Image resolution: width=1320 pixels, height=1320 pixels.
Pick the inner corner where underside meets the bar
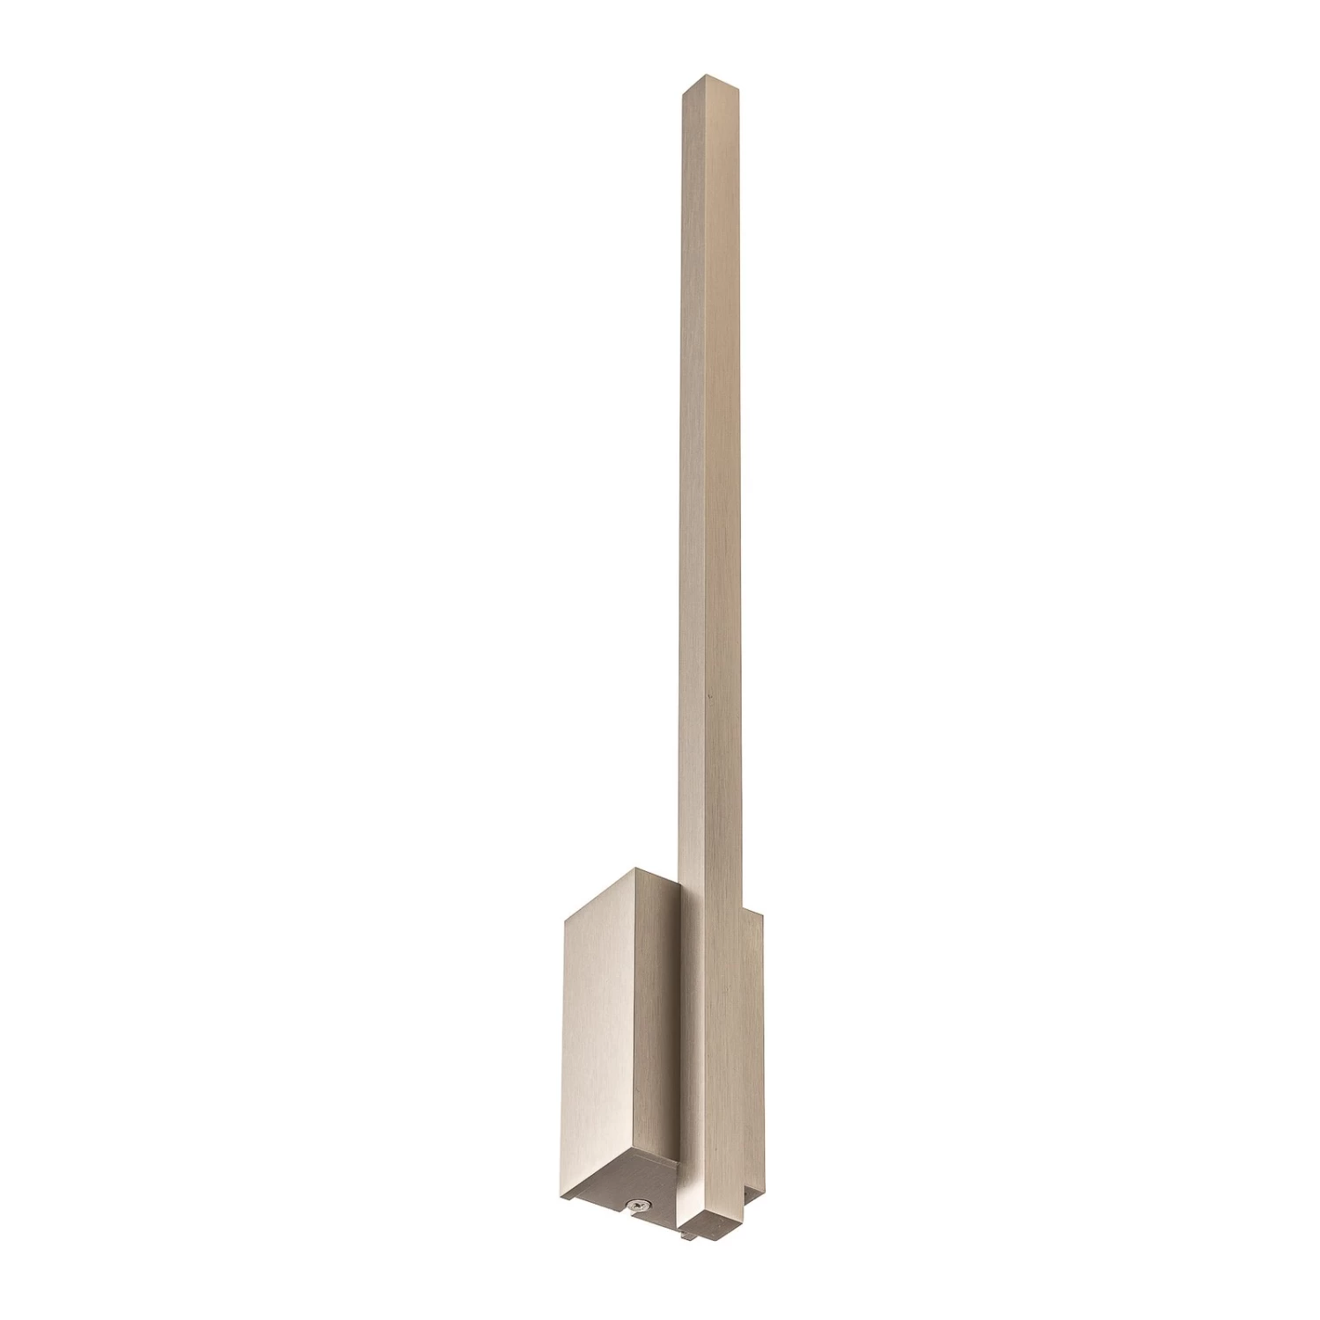tap(678, 1162)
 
